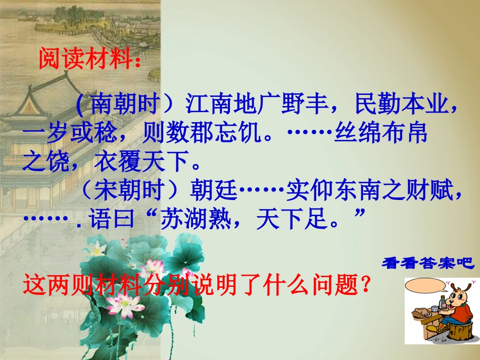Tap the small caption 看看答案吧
point(427,264)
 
